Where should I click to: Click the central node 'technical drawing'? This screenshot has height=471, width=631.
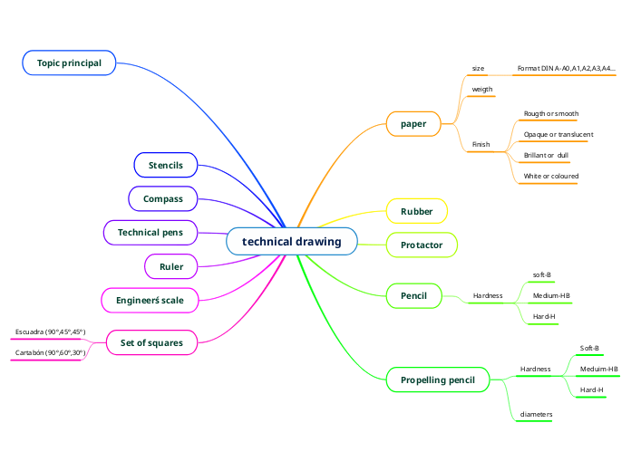tap(292, 242)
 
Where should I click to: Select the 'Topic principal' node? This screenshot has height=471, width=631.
tap(69, 62)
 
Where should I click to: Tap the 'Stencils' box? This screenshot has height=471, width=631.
tap(166, 166)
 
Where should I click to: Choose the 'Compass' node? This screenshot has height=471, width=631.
tap(163, 198)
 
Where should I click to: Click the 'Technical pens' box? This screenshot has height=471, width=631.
tap(150, 233)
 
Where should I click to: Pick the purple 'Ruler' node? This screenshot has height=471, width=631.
tap(171, 267)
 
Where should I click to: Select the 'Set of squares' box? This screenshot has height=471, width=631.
tap(151, 343)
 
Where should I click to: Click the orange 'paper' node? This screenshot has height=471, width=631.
tap(413, 123)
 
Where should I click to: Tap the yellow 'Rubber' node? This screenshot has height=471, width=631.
tap(417, 212)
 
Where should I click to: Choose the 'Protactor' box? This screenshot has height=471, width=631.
tap(422, 245)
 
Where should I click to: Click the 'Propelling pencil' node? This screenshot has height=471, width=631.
tap(437, 380)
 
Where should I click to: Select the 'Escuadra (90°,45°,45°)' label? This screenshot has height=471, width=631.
tap(51, 332)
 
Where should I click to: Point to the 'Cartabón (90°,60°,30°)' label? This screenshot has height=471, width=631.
tap(50, 353)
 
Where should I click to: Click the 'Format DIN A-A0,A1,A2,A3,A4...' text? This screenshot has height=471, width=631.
tap(567, 68)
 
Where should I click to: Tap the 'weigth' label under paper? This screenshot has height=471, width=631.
tap(482, 90)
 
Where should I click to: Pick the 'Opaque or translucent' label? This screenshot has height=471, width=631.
tap(558, 134)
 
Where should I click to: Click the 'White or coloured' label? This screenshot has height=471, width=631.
tap(551, 176)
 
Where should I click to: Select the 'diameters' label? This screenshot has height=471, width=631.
tap(536, 414)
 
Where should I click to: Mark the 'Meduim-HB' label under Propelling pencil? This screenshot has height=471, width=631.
tap(599, 369)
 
